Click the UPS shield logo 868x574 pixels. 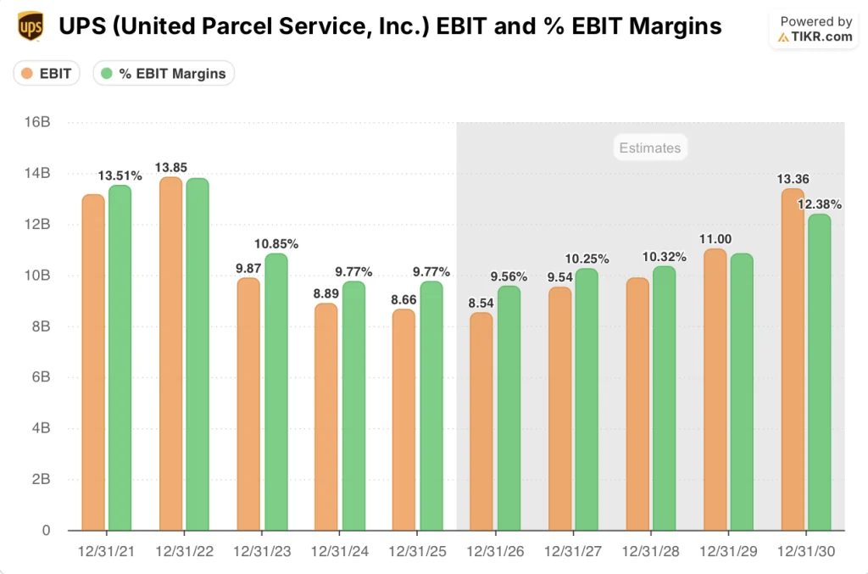pyautogui.click(x=30, y=26)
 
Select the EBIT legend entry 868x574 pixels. pyautogui.click(x=47, y=74)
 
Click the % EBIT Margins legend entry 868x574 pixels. pyautogui.click(x=163, y=74)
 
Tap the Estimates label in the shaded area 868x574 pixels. pyautogui.click(x=649, y=148)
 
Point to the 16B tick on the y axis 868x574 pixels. pyautogui.click(x=39, y=122)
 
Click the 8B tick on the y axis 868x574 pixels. pyautogui.click(x=41, y=326)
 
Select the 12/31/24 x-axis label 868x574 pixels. pyautogui.click(x=339, y=551)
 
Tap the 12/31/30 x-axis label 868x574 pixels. pyautogui.click(x=806, y=551)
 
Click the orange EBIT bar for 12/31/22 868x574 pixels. pyautogui.click(x=170, y=356)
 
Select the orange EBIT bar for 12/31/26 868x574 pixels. pyautogui.click(x=481, y=424)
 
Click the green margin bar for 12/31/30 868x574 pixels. pyautogui.click(x=820, y=373)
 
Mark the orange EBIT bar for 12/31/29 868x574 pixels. pyautogui.click(x=715, y=390)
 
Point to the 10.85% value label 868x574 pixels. pyautogui.click(x=276, y=243)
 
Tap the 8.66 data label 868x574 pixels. pyautogui.click(x=403, y=299)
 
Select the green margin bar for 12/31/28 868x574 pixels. pyautogui.click(x=664, y=398)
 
